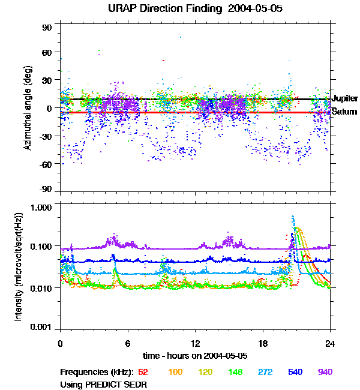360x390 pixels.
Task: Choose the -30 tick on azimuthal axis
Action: pyautogui.click(x=47, y=136)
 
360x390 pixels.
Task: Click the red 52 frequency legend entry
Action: pyautogui.click(x=144, y=372)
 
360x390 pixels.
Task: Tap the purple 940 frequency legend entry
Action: pyautogui.click(x=325, y=372)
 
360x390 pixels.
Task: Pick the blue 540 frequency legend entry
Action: pyautogui.click(x=296, y=372)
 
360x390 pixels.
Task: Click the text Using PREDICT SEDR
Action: pyautogui.click(x=103, y=383)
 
